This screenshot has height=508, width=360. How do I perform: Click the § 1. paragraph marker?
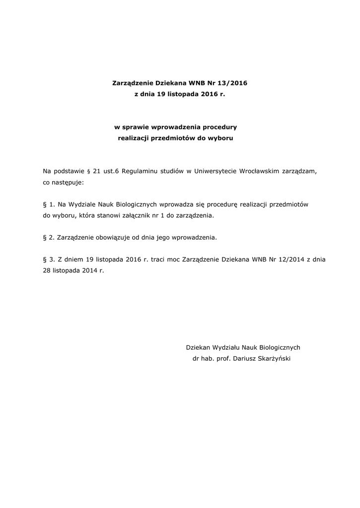[x=48, y=204]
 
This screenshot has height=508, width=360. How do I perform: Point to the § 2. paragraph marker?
[x=48, y=237]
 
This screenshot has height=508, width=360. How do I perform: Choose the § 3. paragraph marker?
[x=48, y=259]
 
